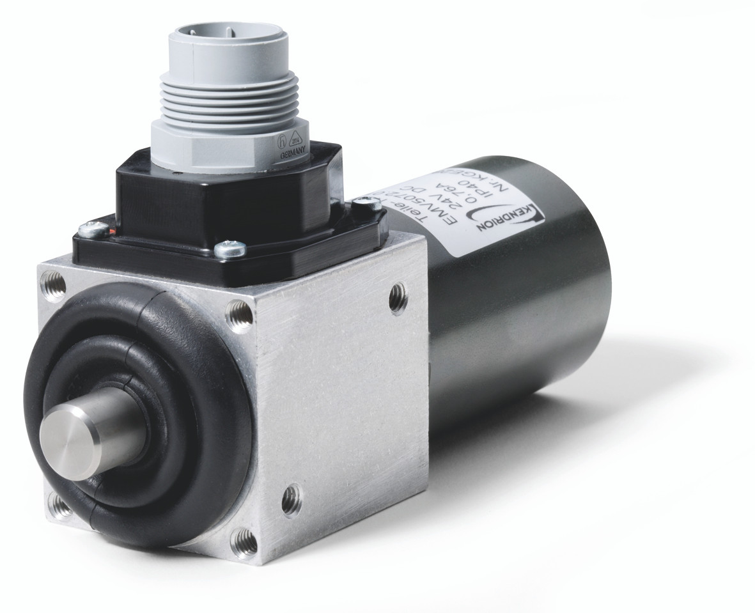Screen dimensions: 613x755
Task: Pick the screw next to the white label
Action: pyautogui.click(x=365, y=203)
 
